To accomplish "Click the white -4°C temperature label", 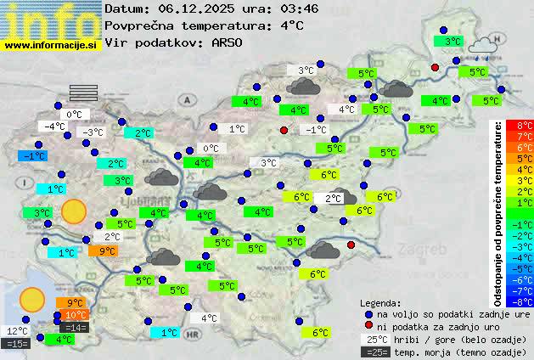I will pyautogui.click(x=54, y=127).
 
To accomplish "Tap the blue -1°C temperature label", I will pyautogui.click(x=33, y=156).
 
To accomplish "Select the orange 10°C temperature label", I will pyautogui.click(x=75, y=315).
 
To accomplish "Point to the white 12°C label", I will pyautogui.click(x=17, y=330).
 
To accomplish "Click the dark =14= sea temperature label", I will pyautogui.click(x=74, y=327).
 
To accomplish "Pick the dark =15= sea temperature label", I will pyautogui.click(x=17, y=343).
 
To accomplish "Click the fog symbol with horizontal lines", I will pyautogui.click(x=84, y=92).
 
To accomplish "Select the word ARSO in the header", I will pyautogui.click(x=229, y=42).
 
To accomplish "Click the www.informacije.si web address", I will pyautogui.click(x=51, y=44).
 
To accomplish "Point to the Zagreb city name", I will pyautogui.click(x=425, y=250).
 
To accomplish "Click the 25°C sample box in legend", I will pyautogui.click(x=376, y=339).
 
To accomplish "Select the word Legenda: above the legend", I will pyautogui.click(x=380, y=302).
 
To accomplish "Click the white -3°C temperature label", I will pyautogui.click(x=91, y=132).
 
